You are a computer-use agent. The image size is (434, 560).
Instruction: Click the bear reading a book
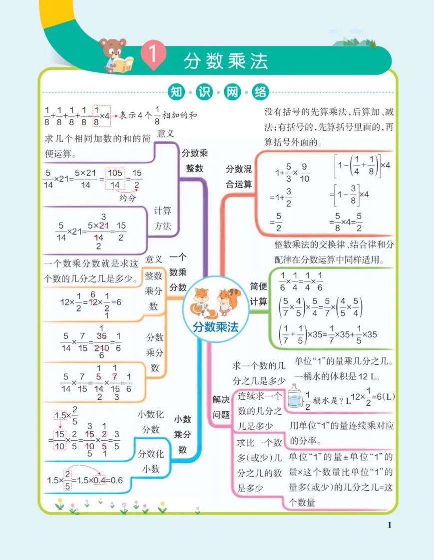[116, 56]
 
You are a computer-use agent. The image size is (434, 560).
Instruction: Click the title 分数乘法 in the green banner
[226, 61]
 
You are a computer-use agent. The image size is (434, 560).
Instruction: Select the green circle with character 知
[176, 92]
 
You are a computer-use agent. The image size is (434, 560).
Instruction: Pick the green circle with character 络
[260, 92]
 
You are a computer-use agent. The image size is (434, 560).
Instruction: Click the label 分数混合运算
[239, 176]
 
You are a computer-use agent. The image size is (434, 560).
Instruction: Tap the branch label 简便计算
[259, 293]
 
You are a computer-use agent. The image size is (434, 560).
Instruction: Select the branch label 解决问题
[221, 407]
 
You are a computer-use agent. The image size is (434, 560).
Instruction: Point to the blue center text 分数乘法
[216, 327]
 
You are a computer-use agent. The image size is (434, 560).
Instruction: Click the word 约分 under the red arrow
[128, 198]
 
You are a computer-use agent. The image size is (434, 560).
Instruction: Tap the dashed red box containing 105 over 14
[115, 179]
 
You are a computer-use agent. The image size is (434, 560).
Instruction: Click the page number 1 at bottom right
[390, 525]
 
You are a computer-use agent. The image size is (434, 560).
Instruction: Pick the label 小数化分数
[150, 422]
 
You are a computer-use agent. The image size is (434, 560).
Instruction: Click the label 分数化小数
[151, 461]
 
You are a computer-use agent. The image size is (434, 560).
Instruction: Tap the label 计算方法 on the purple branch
[163, 218]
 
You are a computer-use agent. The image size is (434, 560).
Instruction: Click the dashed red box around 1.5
[60, 415]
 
